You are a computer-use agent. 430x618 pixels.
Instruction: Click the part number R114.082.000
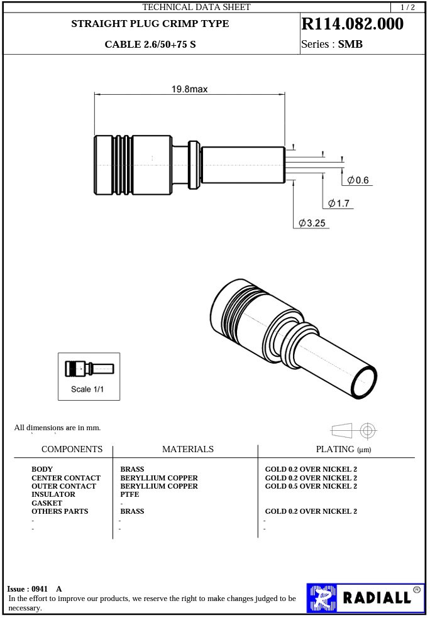(353, 24)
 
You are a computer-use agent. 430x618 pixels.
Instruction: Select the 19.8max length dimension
(189, 89)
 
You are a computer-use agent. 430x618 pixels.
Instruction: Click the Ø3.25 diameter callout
(312, 223)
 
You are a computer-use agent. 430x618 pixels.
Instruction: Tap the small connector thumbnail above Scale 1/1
(89, 368)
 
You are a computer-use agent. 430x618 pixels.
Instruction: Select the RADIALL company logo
(365, 597)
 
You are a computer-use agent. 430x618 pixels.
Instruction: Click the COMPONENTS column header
(72, 449)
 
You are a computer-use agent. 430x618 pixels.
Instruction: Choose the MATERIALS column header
(187, 449)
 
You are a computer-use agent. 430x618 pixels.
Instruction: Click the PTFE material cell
(130, 495)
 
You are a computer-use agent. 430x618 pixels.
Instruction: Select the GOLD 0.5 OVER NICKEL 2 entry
(311, 486)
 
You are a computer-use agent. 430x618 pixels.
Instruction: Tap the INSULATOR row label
(53, 495)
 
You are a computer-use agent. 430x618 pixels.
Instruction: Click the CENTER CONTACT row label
(65, 478)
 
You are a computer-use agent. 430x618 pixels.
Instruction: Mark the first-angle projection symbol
(353, 430)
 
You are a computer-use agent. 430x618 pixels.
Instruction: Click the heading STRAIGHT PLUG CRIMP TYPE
(150, 24)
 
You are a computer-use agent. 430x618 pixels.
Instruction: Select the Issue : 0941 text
(28, 589)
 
